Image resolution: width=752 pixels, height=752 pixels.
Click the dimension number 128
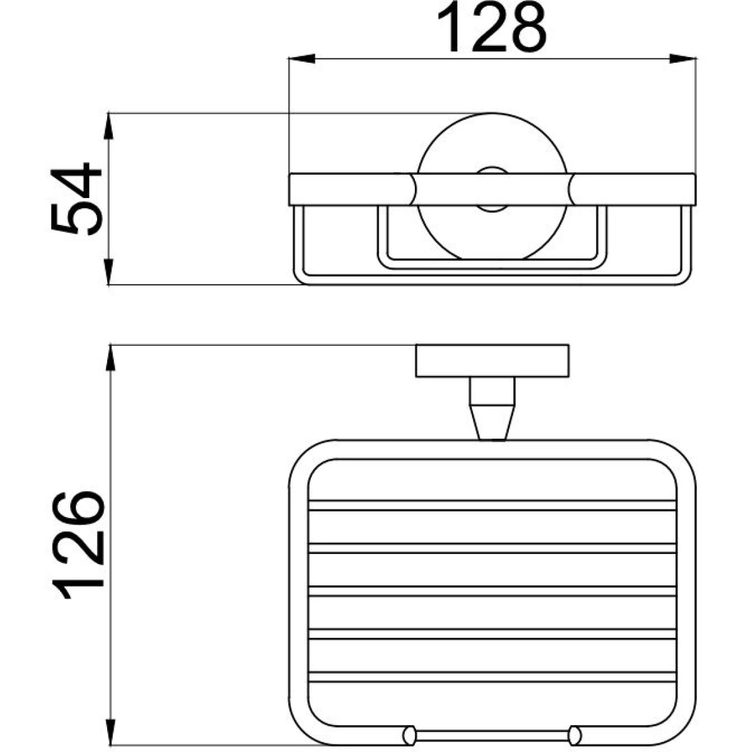coord(492,28)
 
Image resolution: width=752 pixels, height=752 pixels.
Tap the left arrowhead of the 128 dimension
coord(301,58)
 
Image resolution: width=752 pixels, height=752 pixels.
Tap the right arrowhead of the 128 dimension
coord(682,58)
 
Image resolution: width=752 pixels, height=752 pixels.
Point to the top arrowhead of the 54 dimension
coord(110,126)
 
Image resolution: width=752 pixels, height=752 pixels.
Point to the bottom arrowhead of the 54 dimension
coord(110,272)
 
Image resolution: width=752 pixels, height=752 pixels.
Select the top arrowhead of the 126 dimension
coord(111,357)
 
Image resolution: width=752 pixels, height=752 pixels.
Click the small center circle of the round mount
coord(492,190)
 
